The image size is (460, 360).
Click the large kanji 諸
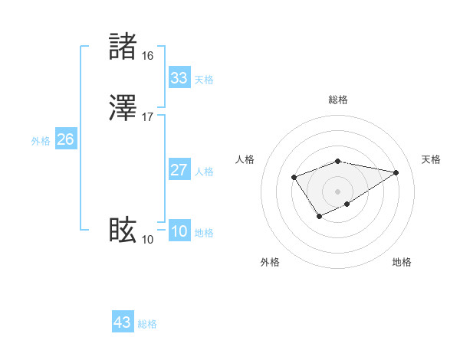coord(123,47)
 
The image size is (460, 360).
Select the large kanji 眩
coord(123,230)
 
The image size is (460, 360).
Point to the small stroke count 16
coord(147,56)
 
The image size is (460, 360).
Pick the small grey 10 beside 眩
coord(147,240)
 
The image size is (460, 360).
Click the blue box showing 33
coord(179,78)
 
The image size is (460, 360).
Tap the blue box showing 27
coord(179,170)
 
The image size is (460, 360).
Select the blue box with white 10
coord(179,232)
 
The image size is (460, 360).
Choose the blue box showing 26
coord(65,139)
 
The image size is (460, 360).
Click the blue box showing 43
coord(122,322)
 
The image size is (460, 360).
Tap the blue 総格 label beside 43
coord(147,324)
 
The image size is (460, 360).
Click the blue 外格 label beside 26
coord(41,141)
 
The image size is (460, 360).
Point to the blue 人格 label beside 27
coord(204,172)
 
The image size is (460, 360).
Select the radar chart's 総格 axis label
coord(338,100)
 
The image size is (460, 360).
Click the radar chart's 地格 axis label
coord(402,262)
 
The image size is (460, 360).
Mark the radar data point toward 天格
coord(396,172)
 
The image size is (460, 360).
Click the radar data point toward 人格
coord(294,178)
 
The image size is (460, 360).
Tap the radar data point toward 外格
coord(319,217)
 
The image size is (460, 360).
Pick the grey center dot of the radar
coord(338,190)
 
